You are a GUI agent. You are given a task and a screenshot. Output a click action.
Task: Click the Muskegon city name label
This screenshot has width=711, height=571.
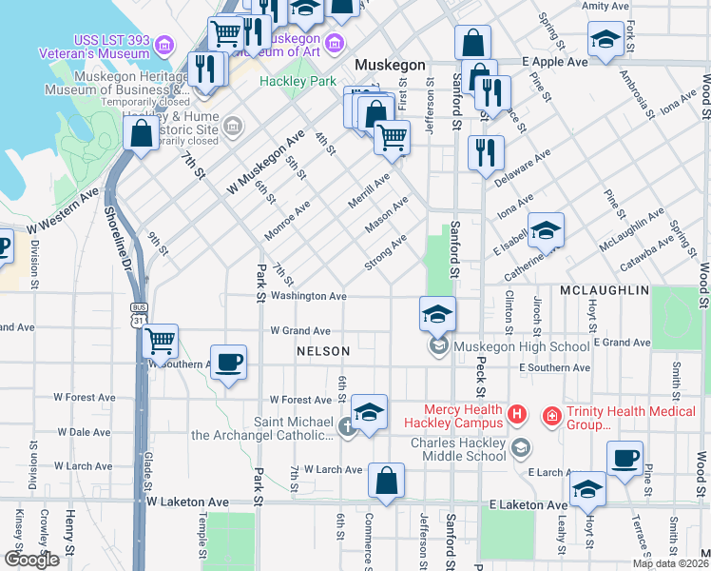click(x=390, y=65)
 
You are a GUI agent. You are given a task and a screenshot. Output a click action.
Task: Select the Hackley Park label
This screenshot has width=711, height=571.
click(x=298, y=82)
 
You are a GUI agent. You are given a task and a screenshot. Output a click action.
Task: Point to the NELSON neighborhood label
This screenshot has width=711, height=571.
click(x=323, y=351)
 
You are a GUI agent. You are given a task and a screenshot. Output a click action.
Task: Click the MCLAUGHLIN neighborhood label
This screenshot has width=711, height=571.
click(x=604, y=289)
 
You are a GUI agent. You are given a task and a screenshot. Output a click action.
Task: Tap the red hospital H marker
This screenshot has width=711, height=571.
click(x=516, y=414)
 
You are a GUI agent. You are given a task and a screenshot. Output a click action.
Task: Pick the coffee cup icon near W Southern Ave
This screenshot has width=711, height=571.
click(x=229, y=363)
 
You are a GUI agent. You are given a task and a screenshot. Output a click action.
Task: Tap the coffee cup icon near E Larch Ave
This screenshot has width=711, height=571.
click(x=625, y=460)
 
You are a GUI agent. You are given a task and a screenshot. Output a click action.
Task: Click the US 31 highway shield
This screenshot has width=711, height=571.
click(x=140, y=321)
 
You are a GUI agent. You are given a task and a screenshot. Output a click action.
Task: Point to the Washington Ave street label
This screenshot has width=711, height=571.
click(x=310, y=297)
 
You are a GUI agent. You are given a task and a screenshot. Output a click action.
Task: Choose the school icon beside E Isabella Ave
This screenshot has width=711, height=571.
click(x=546, y=231)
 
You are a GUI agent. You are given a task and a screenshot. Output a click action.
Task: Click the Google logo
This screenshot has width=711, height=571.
click(x=31, y=560)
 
